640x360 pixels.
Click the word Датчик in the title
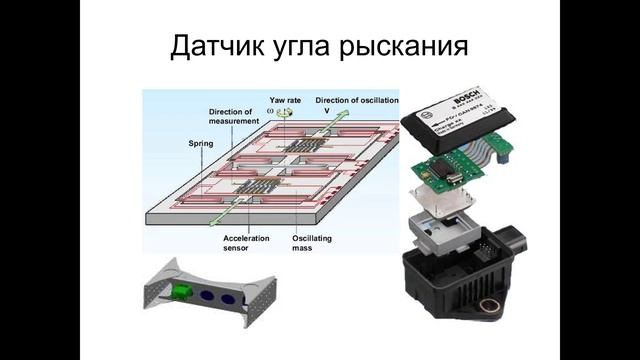point(215,47)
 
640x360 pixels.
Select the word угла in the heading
point(317,48)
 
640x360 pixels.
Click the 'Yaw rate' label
point(285,100)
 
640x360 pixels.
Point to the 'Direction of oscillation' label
point(357,100)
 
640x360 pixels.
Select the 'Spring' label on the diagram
point(201,144)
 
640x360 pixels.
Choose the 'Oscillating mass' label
point(312,244)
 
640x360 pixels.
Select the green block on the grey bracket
point(182,292)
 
